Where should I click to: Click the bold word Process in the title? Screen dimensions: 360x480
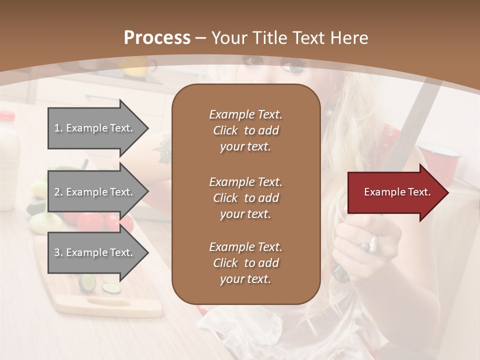click(157, 38)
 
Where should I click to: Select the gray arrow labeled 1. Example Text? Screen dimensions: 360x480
click(95, 128)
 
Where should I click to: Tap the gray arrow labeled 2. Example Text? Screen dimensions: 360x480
click(95, 192)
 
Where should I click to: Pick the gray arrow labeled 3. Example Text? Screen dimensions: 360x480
click(95, 252)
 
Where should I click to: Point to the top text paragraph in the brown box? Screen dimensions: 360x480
click(245, 130)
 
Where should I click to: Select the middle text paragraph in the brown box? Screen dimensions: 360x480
click(245, 198)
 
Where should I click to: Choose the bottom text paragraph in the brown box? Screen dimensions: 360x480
click(245, 263)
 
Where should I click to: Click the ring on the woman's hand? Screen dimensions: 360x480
click(370, 244)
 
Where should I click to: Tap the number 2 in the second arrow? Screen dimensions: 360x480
click(57, 192)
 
